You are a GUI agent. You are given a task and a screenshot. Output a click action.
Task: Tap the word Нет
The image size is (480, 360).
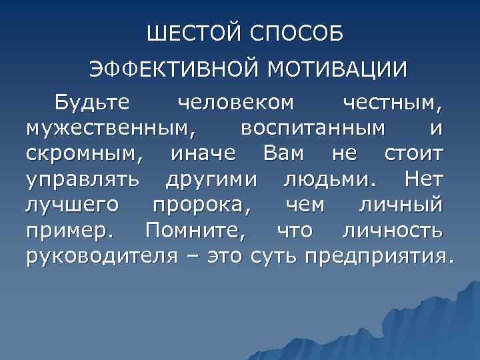click(419, 179)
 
